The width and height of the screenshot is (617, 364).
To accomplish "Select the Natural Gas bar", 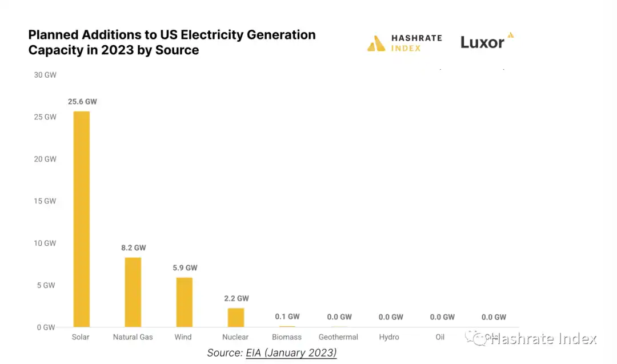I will coord(133,292).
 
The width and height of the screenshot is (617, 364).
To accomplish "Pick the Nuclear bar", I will coord(235,317).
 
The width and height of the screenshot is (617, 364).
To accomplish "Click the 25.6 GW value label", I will coord(82,102).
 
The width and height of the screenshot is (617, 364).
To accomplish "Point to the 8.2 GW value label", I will coord(133,248).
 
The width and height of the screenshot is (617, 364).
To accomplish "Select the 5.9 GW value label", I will coord(185,267).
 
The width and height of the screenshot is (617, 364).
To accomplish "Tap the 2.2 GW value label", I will coord(235,298).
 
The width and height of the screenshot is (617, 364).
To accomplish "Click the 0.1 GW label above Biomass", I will coord(287,317).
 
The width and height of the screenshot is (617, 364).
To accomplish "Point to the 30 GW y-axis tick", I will coord(45,75).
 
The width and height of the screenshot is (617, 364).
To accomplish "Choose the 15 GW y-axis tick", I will coord(45,201).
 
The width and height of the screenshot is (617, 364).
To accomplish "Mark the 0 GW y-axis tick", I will coord(45,327).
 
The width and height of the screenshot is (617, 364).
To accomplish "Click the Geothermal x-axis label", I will coord(338,337).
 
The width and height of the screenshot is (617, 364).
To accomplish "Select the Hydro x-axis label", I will coord(389,337).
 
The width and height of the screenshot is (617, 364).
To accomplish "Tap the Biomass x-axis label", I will coord(287,337).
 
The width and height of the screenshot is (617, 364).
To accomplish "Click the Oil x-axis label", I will coord(440,337).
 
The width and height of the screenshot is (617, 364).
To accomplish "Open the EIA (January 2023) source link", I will coord(291,353).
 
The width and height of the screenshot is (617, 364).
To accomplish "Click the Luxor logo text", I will coord(483,43).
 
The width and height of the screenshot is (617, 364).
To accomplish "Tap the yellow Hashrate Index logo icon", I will coord(376,43).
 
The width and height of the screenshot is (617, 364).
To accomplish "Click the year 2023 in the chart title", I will coord(118,50).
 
